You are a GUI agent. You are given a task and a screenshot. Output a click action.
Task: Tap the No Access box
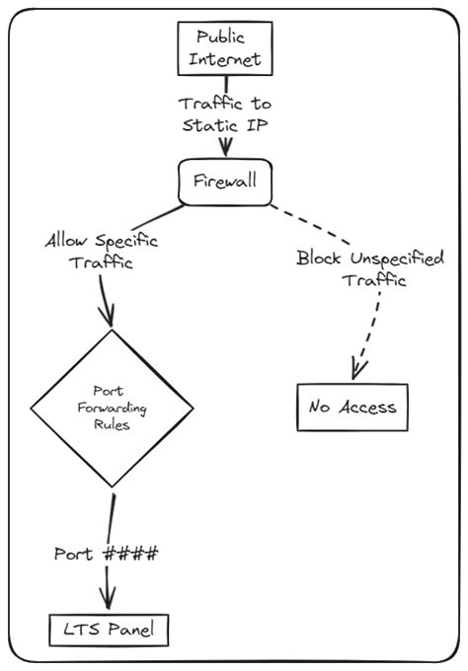[x=351, y=407]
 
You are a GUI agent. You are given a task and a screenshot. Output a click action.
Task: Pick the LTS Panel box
[x=109, y=628]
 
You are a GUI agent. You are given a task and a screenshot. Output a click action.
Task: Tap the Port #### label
[x=106, y=554]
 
